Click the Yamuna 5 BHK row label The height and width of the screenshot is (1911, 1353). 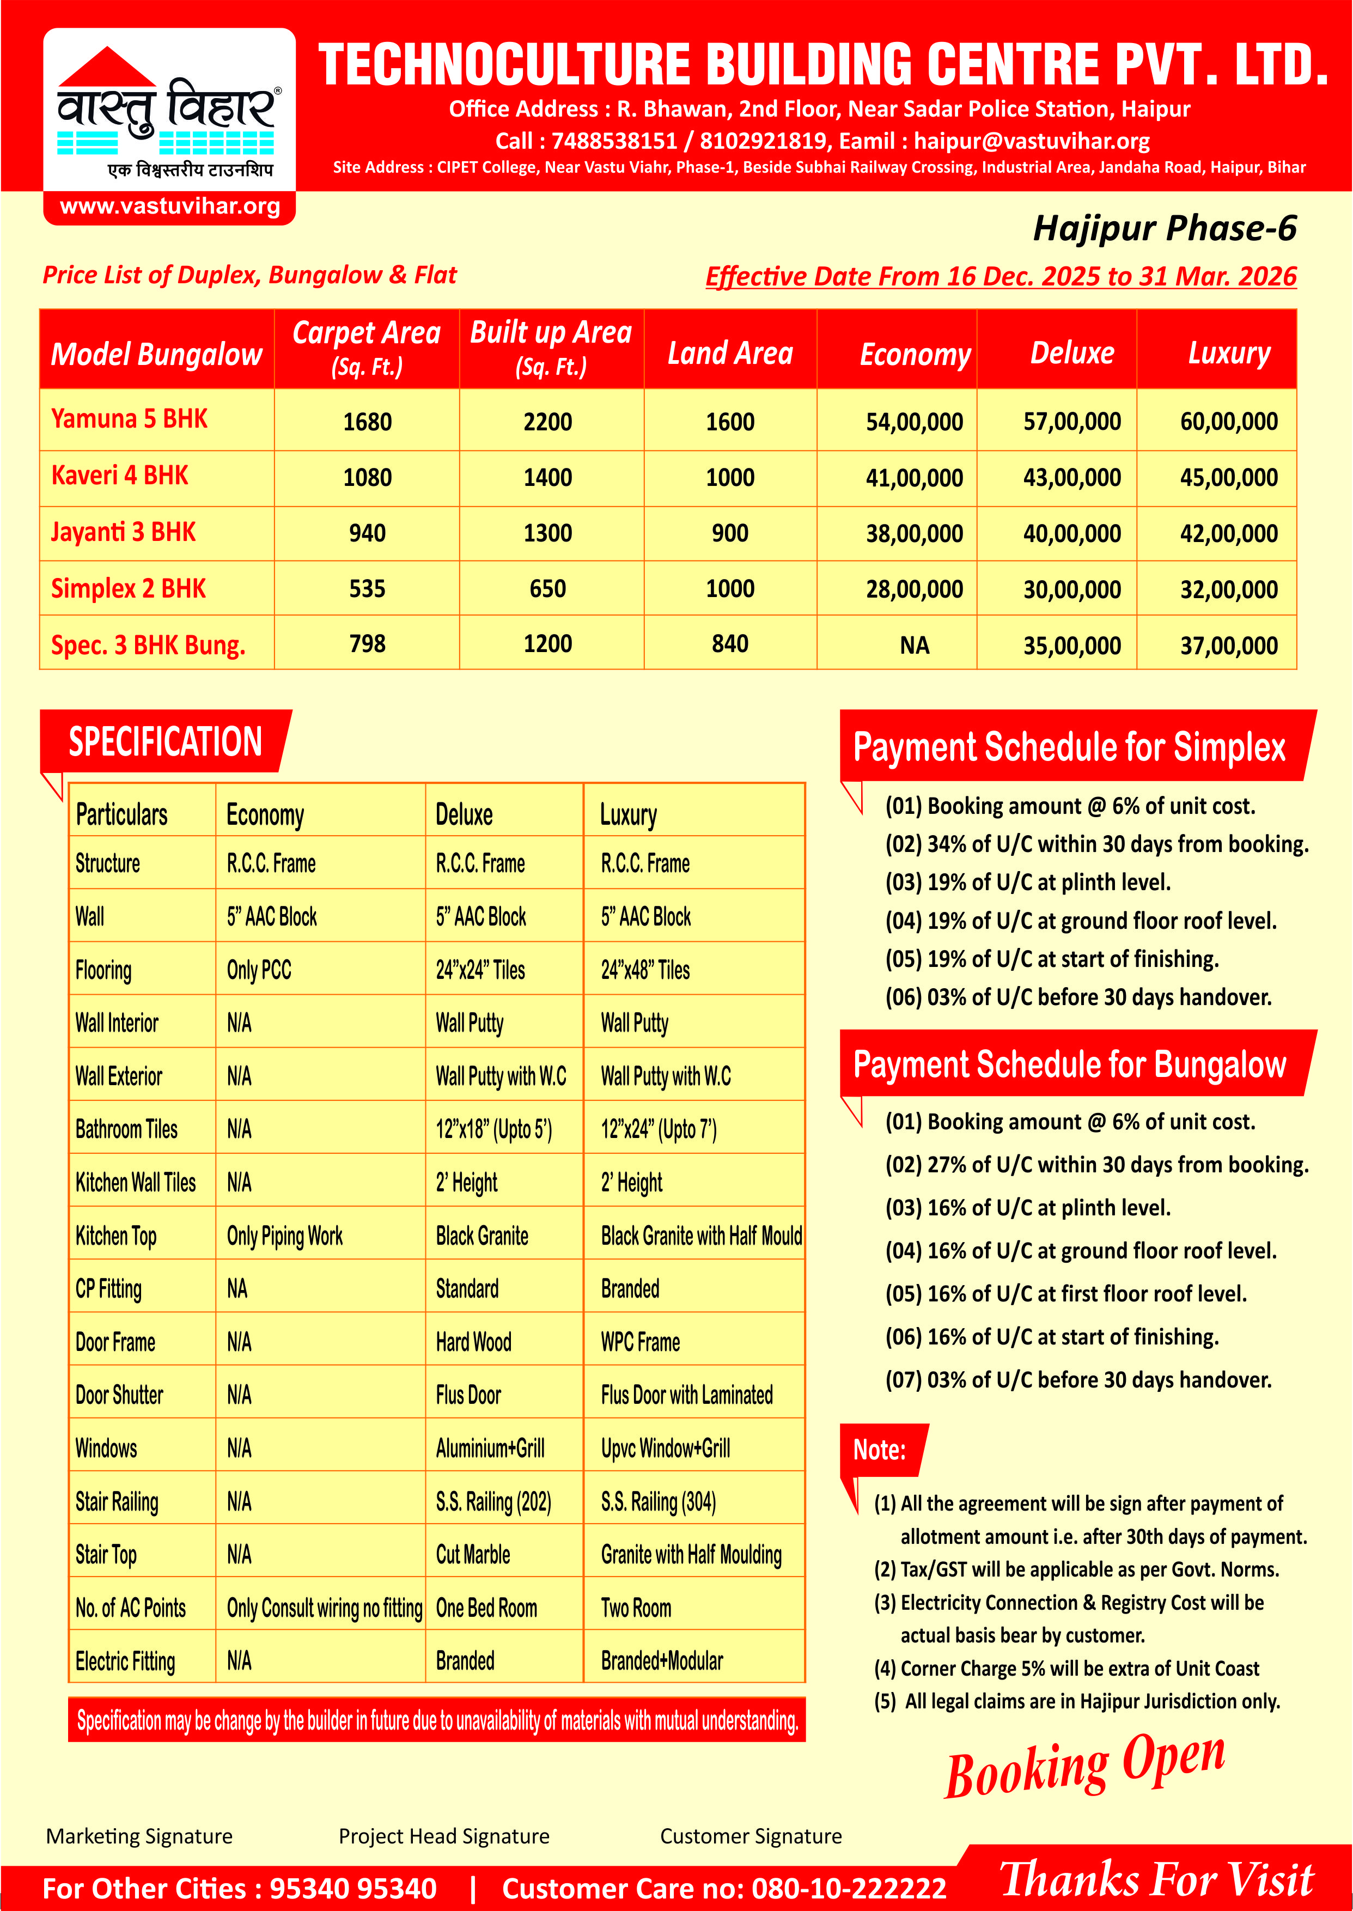point(129,419)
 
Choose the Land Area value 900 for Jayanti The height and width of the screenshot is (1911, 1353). point(730,533)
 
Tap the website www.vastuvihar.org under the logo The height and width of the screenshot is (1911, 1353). point(170,206)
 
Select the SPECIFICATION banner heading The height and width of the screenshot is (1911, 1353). point(165,741)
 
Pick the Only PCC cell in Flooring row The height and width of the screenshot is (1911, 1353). point(259,970)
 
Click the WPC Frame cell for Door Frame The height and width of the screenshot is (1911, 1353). point(640,1342)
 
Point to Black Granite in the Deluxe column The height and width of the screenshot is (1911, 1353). point(482,1236)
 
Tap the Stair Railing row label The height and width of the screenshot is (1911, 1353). point(117,1502)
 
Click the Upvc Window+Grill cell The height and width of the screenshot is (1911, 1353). point(665,1449)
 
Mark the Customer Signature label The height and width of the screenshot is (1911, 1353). point(751,1836)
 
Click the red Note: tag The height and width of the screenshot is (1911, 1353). point(879,1450)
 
